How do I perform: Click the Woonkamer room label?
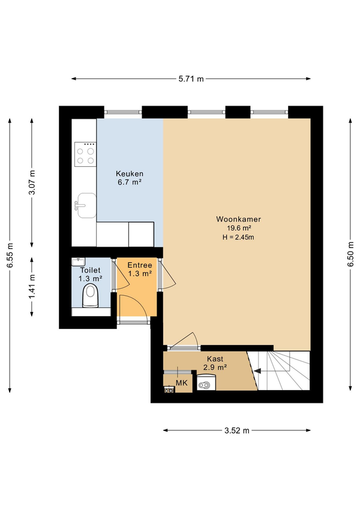238,219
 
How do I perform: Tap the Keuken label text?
130,173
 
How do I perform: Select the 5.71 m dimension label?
191,79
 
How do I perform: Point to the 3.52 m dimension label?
237,430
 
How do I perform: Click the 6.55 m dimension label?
10,255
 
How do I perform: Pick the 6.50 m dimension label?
350,254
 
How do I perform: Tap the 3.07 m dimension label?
32,182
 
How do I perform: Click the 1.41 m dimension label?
32,287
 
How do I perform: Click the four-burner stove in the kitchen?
85,154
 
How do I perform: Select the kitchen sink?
86,205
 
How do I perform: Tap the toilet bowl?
90,295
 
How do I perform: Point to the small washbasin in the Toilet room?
78,262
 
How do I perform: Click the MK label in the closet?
181,383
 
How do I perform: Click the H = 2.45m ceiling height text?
238,237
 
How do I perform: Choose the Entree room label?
140,265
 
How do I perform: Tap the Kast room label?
215,359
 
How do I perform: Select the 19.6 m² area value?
238,228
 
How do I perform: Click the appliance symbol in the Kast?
206,382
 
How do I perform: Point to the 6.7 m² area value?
130,182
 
